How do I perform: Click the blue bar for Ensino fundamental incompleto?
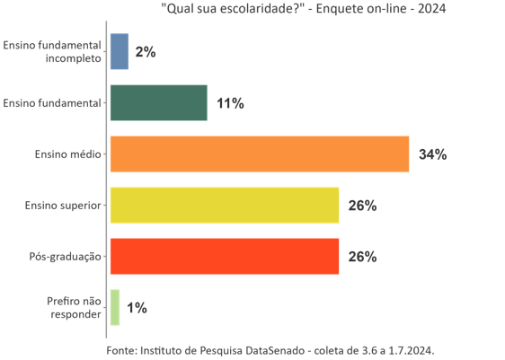click(x=119, y=52)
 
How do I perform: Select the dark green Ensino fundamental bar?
click(x=158, y=103)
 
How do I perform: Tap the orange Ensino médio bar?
click(x=259, y=154)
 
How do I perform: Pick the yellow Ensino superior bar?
click(x=224, y=206)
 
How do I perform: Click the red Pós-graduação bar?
click(x=224, y=257)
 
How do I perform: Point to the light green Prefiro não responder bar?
click(x=114, y=308)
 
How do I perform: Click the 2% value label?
click(x=146, y=52)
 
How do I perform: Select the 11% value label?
click(x=230, y=103)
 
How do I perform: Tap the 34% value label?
click(x=432, y=154)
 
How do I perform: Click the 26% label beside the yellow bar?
click(x=362, y=206)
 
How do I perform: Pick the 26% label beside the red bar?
click(x=362, y=257)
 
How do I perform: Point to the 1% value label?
click(x=137, y=308)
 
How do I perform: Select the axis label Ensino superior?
click(x=63, y=206)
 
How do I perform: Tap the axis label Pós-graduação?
click(x=65, y=257)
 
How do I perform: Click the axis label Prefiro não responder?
click(x=73, y=308)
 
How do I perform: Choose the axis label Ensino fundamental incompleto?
click(x=51, y=52)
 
